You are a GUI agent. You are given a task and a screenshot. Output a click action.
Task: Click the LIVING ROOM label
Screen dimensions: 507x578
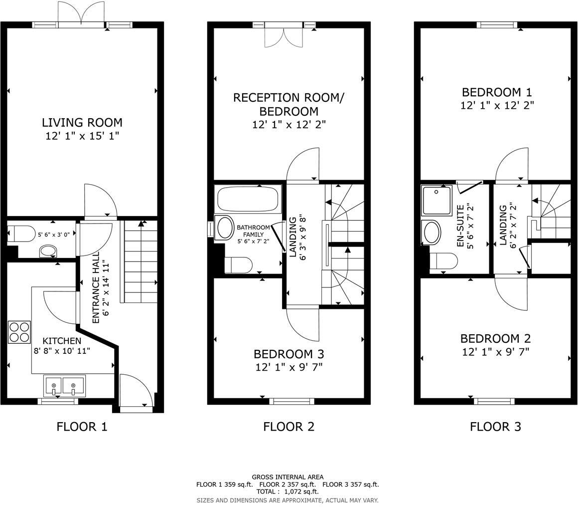click(82, 122)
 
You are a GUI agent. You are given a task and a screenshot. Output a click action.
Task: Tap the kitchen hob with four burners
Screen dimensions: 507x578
click(19, 332)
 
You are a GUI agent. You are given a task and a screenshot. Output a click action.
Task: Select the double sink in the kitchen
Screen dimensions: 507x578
click(64, 386)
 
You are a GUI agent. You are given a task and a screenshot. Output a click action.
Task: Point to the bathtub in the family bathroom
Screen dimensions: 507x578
click(248, 199)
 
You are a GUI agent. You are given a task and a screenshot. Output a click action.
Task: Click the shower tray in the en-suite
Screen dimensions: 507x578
click(436, 200)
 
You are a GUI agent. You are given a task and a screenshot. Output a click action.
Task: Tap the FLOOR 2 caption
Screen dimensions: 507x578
click(289, 427)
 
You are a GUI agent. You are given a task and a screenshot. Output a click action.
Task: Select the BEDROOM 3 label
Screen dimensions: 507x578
click(289, 354)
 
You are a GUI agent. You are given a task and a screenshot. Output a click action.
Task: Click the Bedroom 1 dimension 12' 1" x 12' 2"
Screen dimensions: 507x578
click(496, 105)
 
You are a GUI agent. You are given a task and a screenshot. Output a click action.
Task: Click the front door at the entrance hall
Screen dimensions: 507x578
click(136, 393)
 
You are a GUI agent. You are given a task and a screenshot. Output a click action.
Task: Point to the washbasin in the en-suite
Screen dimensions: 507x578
click(431, 232)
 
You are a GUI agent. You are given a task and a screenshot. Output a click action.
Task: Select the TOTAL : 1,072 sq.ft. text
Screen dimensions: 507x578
click(287, 492)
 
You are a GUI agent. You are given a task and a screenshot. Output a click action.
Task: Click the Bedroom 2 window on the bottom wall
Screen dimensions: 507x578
click(494, 401)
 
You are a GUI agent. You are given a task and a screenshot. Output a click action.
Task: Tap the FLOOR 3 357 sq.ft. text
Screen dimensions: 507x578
click(350, 484)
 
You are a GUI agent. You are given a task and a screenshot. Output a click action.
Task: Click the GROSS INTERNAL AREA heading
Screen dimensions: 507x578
click(288, 477)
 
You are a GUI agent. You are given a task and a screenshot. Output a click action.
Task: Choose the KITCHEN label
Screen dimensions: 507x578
click(62, 341)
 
